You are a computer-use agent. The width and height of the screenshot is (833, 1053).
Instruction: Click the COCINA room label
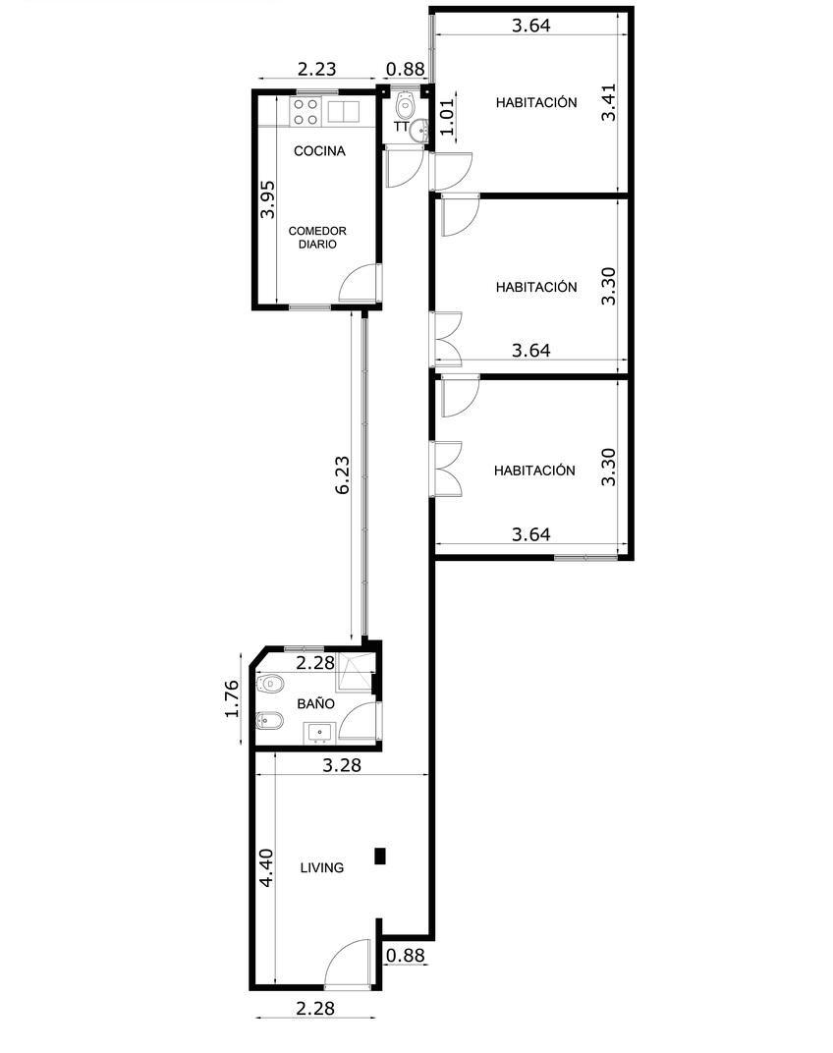(x=320, y=151)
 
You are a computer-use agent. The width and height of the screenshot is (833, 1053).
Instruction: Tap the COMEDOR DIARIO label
(x=317, y=237)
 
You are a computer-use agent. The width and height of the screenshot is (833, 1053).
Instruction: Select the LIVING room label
(x=322, y=867)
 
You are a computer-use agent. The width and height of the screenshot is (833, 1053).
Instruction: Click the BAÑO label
(x=315, y=703)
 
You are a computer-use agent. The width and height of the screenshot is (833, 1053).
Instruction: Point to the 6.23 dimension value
(x=343, y=475)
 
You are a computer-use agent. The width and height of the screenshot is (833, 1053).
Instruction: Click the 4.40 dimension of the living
(x=266, y=867)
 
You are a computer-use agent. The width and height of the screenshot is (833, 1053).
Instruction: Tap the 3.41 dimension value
(x=609, y=102)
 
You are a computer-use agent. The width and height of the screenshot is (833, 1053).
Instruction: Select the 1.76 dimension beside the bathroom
(x=232, y=699)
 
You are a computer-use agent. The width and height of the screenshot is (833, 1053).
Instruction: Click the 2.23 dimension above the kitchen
(x=316, y=69)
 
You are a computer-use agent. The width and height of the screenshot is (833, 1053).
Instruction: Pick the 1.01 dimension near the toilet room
(x=447, y=116)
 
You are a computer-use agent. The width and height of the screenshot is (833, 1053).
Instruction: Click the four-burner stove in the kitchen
(x=305, y=111)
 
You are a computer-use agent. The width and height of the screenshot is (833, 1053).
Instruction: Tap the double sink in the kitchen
(x=344, y=111)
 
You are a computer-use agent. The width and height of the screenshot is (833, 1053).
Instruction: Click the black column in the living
(x=380, y=856)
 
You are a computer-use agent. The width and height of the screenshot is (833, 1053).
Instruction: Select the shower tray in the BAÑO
(x=355, y=671)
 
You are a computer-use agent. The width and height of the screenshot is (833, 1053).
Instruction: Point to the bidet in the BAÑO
(x=269, y=722)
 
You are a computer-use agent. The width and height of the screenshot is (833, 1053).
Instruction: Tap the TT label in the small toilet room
(x=401, y=127)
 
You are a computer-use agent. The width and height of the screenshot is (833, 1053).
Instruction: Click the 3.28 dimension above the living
(x=342, y=765)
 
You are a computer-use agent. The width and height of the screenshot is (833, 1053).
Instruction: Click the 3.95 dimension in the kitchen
(x=266, y=198)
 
